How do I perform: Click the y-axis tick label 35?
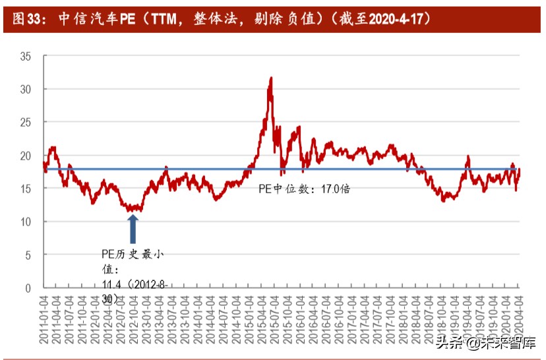point(26,56)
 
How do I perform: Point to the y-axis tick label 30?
point(26,89)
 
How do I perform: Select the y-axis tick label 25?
point(26,123)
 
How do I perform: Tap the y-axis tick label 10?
point(26,222)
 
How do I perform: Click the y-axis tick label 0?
point(28,288)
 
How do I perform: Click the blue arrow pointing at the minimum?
point(133,228)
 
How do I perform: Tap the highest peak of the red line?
point(270,78)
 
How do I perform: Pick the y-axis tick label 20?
point(26,156)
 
